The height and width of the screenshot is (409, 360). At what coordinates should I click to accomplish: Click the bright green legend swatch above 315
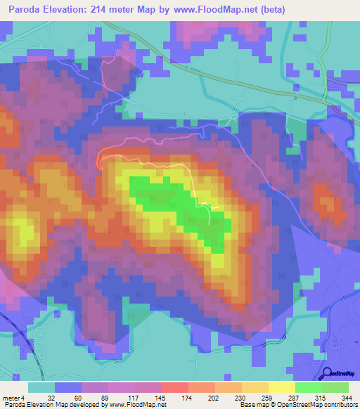309,387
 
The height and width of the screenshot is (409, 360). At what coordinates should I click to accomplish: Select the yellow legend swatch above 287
282,387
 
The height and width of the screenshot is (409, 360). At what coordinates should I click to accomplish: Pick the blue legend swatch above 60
68,387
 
